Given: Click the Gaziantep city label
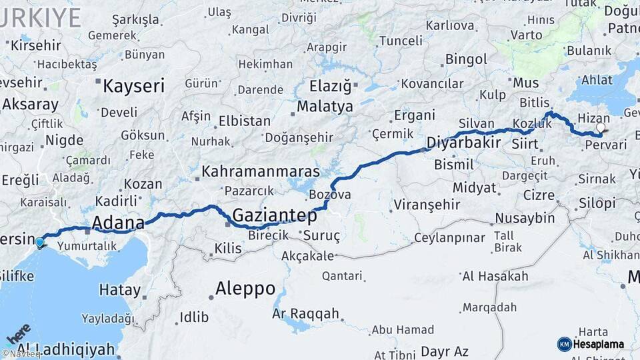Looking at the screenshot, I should coord(274,215).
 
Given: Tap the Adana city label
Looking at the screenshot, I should coord(118,222).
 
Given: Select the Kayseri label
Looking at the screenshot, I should coord(133,85).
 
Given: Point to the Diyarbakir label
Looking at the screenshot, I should coord(463,143).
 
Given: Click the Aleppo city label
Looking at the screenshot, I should coord(245,289).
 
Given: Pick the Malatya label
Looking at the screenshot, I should coord(325,106).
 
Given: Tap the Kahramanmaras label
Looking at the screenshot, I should coord(261,171).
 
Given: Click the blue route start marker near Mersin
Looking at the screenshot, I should coord(40,243).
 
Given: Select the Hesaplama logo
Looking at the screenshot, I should coord(591,344).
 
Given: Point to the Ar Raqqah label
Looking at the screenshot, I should coord(306,313).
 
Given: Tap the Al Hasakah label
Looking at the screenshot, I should coord(495,276).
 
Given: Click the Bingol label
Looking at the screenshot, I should coord(467,59).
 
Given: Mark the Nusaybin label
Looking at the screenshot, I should coord(525,218).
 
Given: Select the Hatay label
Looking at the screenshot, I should coord(120,290).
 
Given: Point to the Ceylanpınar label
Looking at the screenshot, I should coord(451,238).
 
